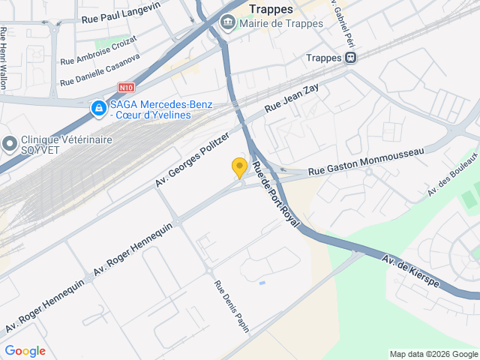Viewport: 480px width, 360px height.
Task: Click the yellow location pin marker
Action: click(x=239, y=168)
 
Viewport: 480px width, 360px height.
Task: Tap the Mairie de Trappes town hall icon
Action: click(x=227, y=23)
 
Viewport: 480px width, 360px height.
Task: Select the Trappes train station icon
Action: click(x=350, y=58)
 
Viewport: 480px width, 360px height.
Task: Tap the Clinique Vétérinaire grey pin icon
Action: click(x=10, y=142)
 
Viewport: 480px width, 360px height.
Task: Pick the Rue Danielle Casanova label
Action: click(x=100, y=69)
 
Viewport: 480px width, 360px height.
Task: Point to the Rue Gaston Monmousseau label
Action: click(x=366, y=161)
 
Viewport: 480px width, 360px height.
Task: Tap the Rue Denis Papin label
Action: click(x=232, y=306)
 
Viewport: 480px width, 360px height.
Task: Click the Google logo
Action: click(x=25, y=350)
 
